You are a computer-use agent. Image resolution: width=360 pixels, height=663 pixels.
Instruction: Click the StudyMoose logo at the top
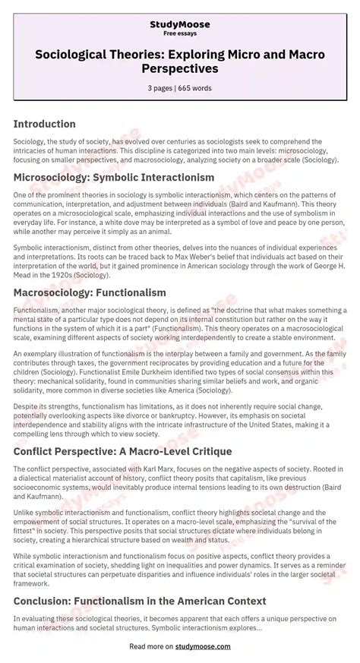[179, 24]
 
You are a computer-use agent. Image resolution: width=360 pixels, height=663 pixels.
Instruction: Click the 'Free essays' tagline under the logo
[179, 34]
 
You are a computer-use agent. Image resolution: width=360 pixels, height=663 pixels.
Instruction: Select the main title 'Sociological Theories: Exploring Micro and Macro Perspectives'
[179, 62]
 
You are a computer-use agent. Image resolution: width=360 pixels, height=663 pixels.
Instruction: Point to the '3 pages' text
[160, 88]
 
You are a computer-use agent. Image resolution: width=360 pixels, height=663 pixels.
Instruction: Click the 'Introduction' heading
[45, 124]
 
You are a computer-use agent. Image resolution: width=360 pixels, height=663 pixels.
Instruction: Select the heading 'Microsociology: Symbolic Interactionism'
[114, 177]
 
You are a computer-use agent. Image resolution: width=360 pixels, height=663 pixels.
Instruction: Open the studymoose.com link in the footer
[204, 646]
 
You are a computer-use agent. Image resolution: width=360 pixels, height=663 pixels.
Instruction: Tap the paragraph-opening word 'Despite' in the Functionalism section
[27, 386]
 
